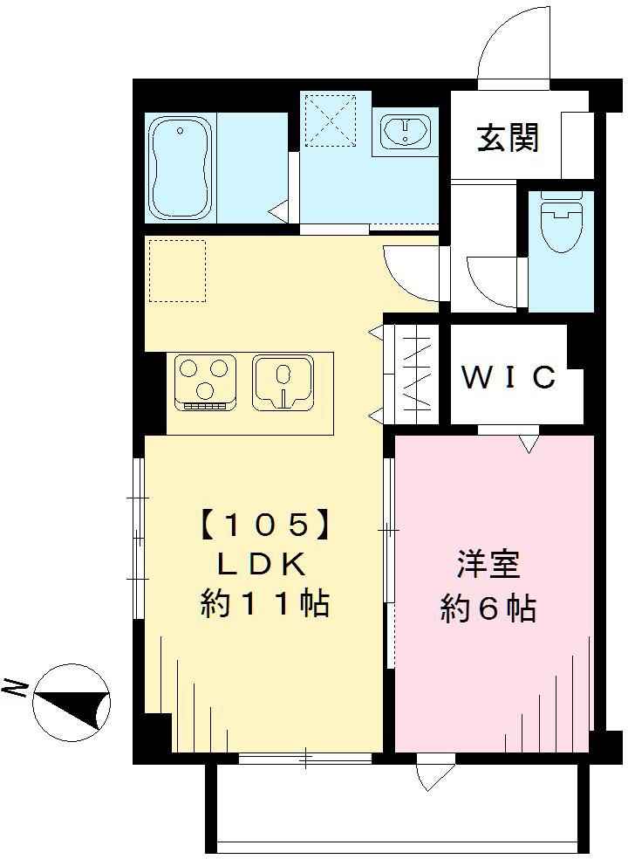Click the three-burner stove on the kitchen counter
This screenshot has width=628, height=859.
click(208, 381)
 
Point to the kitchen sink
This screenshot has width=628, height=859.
click(283, 381)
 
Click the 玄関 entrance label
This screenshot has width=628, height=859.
click(507, 137)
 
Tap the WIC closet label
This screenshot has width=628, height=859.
click(508, 377)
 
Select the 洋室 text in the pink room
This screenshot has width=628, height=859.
click(488, 565)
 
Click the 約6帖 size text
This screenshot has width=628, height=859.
click(488, 608)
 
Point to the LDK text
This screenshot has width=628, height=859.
click(261, 565)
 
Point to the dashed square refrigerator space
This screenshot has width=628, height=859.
click(177, 271)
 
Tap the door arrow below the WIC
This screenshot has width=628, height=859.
click(529, 445)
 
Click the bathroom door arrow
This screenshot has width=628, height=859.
click(279, 210)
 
